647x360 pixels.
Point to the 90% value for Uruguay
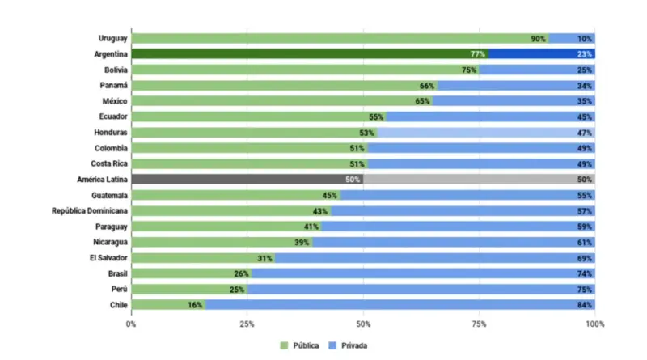(538, 39)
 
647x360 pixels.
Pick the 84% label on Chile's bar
(585, 305)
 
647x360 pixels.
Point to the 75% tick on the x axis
(479, 324)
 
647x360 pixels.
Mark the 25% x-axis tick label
(247, 324)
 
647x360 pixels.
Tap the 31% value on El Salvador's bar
(264, 258)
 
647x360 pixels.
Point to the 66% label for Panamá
(427, 86)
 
